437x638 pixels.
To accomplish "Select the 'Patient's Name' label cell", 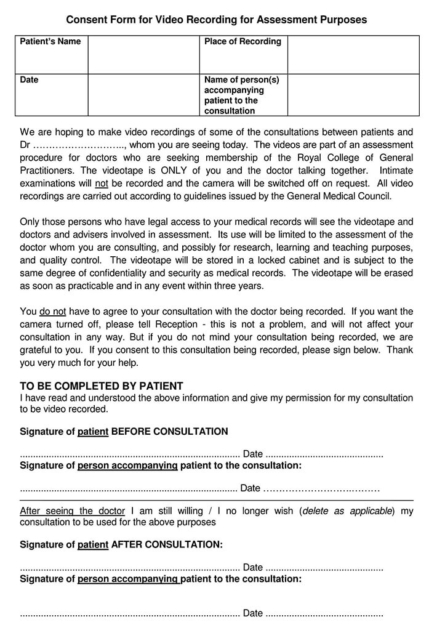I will point(50,42).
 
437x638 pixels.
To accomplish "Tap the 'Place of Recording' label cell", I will point(242,42).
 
